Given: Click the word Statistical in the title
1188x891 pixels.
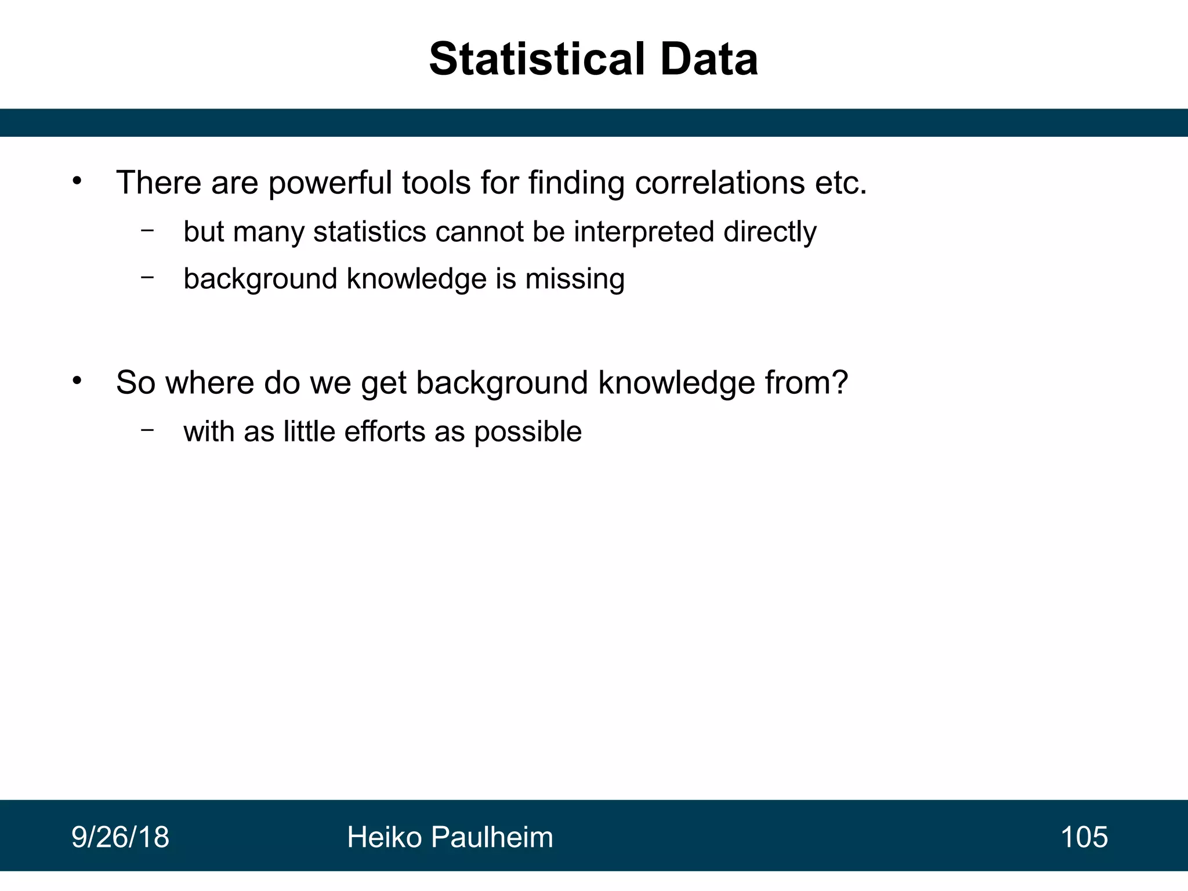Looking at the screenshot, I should [537, 59].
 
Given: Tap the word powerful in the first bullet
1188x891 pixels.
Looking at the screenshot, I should [330, 183].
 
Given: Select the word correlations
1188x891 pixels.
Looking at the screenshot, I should [719, 183].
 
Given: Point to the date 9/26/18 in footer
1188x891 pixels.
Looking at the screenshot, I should [120, 837].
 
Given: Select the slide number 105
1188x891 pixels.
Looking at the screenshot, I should [1084, 837].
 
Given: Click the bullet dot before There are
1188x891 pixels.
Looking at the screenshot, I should [77, 182].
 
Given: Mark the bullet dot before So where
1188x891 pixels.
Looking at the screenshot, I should [77, 381].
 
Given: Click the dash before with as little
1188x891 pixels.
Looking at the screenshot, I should [147, 430].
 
